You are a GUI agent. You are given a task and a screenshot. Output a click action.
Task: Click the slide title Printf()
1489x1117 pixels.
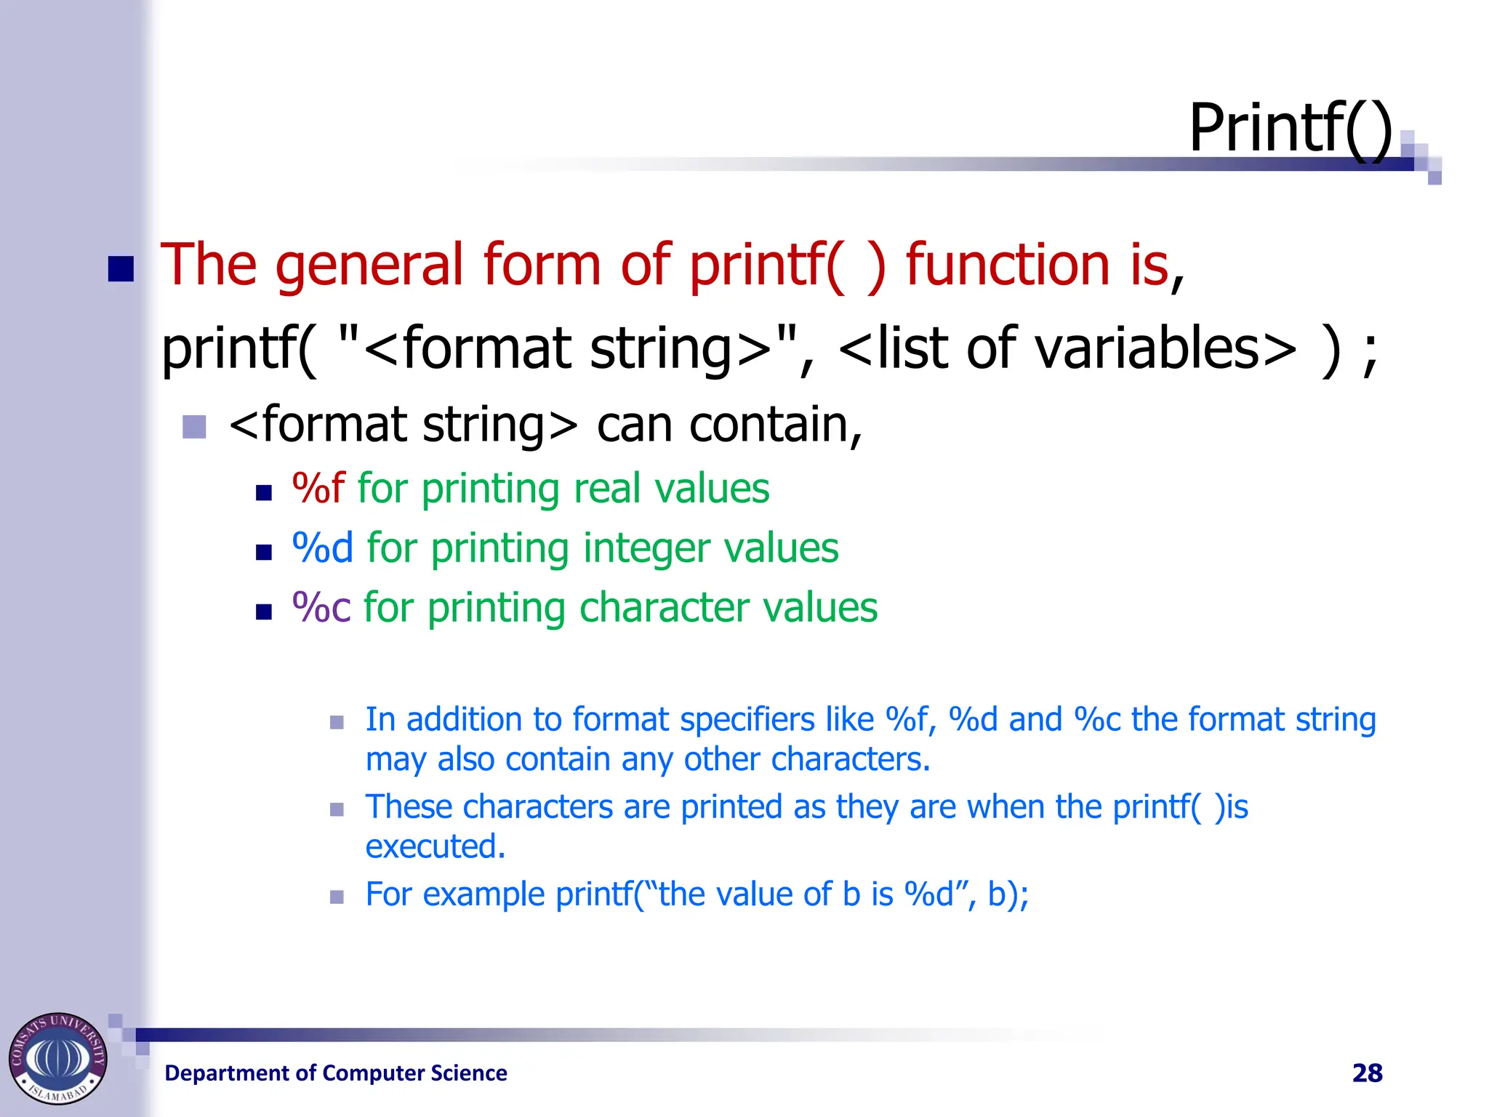pos(1290,128)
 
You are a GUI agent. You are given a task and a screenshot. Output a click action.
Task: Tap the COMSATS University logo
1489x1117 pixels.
pos(57,1058)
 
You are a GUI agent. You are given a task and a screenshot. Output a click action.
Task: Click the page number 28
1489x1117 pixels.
pos(1367,1073)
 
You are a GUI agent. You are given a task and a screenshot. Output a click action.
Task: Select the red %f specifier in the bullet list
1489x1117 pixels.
pos(318,488)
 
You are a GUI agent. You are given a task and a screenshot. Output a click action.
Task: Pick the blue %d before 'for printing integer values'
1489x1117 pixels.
pos(322,548)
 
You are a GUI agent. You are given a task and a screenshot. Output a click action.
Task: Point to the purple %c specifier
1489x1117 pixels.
pos(321,607)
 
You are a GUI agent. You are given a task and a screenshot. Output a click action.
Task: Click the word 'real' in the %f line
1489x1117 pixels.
pos(609,488)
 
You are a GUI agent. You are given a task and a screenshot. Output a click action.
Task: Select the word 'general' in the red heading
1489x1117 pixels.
pos(369,265)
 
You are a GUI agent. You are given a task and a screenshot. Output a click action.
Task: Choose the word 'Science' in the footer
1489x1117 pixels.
pos(468,1073)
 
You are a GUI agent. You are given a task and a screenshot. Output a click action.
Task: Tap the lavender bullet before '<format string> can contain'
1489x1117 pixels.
pos(194,427)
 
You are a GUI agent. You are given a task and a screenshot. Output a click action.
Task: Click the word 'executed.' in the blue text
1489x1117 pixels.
pos(435,846)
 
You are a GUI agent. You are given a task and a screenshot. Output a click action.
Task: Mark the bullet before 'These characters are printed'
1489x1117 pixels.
pos(337,809)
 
